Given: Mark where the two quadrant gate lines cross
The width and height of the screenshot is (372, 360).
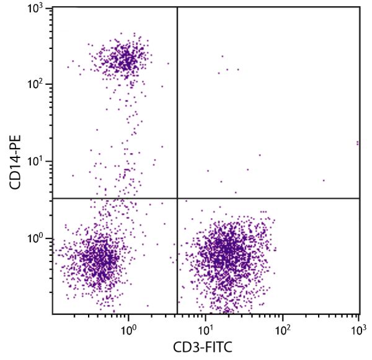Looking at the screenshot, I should click(x=177, y=198).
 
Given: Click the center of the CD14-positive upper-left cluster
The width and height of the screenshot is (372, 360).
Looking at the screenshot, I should click(x=126, y=60).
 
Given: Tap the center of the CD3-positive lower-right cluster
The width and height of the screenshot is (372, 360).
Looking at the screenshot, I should click(x=229, y=254).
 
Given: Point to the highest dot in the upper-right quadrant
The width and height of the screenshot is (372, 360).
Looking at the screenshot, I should click(x=222, y=56).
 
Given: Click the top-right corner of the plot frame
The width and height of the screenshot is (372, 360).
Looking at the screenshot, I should click(x=360, y=7).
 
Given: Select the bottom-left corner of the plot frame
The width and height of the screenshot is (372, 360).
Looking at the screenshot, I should click(x=52, y=314).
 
